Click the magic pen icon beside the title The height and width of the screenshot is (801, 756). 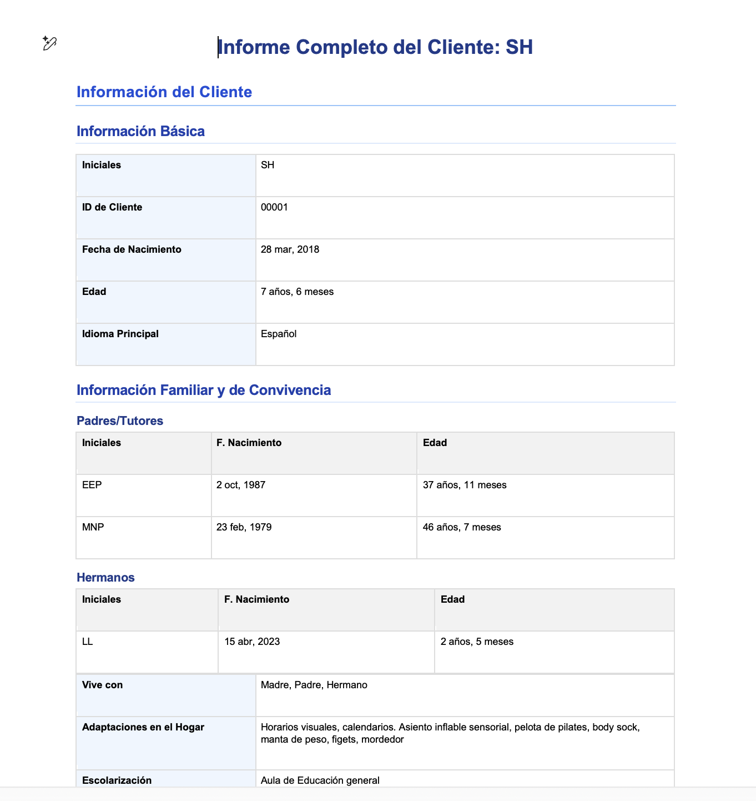(49, 43)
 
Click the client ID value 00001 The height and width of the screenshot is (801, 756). (274, 207)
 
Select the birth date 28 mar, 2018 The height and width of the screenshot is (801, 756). (290, 249)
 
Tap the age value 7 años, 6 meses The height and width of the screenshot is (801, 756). (297, 292)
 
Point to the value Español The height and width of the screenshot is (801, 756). (279, 334)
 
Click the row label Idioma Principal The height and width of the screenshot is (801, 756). (120, 334)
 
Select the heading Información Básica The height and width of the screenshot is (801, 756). (140, 131)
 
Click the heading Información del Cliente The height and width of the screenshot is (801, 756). (164, 92)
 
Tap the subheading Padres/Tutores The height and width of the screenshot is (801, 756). (119, 420)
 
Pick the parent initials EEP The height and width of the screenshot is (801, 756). (92, 485)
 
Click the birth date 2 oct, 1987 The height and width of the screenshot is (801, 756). (241, 485)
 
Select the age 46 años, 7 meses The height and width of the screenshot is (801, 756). (462, 527)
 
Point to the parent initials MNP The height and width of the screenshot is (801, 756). (93, 527)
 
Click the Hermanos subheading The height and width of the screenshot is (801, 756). (105, 577)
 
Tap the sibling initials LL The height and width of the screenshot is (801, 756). (88, 642)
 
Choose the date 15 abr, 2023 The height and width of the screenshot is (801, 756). (252, 642)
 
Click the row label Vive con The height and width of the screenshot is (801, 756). (102, 685)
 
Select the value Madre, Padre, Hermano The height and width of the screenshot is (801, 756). (314, 685)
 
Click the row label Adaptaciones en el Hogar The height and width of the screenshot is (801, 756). (143, 727)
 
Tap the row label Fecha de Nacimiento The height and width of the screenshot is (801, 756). (132, 249)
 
